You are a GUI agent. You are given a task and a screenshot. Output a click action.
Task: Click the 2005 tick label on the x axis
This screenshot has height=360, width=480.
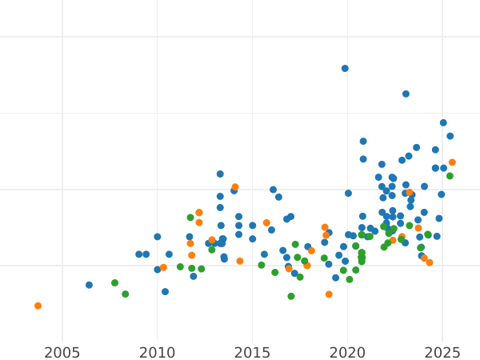62,353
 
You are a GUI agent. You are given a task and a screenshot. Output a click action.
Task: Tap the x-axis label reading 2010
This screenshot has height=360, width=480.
158,353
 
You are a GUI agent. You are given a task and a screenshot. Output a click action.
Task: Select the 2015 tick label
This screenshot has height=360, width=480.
253,353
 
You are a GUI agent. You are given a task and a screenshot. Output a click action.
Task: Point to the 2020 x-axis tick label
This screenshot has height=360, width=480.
348,353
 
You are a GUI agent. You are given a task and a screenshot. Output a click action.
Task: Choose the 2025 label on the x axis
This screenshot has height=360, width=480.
443,353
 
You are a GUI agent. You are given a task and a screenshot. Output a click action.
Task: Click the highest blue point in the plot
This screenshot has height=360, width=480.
345,69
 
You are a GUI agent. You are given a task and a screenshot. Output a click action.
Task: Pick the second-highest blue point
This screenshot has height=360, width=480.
406,94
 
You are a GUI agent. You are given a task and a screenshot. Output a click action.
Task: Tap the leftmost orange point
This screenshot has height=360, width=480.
38,306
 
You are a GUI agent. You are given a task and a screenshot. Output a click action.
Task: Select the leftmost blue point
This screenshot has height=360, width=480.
89,285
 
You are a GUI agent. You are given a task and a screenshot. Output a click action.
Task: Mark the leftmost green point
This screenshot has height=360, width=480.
114,282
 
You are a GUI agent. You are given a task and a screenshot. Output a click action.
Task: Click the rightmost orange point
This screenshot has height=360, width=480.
452,162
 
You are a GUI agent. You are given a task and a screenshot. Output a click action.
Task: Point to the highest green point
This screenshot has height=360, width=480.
450,176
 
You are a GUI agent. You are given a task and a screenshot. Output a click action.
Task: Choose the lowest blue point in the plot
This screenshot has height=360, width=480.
165,292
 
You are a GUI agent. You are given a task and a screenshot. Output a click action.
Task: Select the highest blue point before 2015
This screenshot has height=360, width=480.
220,174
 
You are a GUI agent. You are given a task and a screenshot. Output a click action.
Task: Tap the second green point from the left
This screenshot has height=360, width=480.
125,294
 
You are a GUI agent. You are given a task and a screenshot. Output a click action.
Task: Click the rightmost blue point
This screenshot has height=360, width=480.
450,136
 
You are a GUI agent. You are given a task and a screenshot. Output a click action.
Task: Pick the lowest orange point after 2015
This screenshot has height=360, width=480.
329,294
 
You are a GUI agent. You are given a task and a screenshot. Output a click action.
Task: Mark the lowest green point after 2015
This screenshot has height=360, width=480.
291,296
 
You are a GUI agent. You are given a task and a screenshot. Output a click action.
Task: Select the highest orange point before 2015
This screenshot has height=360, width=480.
235,187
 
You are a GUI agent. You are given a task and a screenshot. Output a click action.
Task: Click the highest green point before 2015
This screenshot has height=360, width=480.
190,218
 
